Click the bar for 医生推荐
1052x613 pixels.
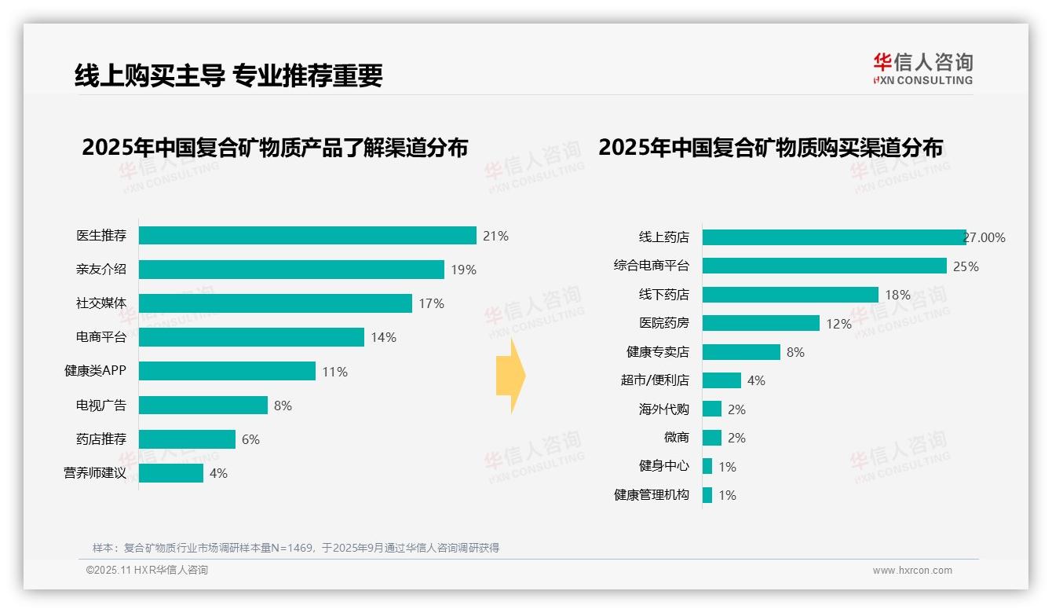(x=308, y=236)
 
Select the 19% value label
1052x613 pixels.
(x=463, y=270)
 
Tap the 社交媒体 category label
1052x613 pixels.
(x=101, y=303)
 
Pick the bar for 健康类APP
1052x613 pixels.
(x=228, y=371)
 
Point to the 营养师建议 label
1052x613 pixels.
(x=95, y=473)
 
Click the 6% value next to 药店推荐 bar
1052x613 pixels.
(x=250, y=439)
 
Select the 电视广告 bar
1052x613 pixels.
(x=203, y=406)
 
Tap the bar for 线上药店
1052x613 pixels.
(x=834, y=237)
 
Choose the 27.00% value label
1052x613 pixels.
(x=984, y=237)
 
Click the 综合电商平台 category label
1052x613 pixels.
(x=652, y=266)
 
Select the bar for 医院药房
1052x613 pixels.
(x=761, y=323)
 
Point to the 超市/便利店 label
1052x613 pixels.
(x=655, y=380)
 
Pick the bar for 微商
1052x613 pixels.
(x=712, y=438)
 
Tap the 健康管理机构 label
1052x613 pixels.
(x=652, y=495)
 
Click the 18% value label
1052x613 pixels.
(x=898, y=295)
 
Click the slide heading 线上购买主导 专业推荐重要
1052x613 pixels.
(x=228, y=75)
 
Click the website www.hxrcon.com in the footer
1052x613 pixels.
(x=912, y=571)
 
